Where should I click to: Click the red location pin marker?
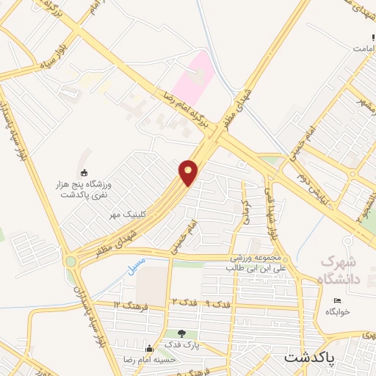click(x=189, y=173)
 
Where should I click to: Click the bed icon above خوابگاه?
click(x=337, y=301)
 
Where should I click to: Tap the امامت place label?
click(x=364, y=47)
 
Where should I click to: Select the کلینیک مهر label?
click(x=124, y=214)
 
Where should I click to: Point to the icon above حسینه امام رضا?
click(x=149, y=348)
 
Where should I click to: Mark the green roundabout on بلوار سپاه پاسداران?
click(x=71, y=261)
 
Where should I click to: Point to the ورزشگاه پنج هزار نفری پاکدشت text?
click(x=83, y=188)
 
